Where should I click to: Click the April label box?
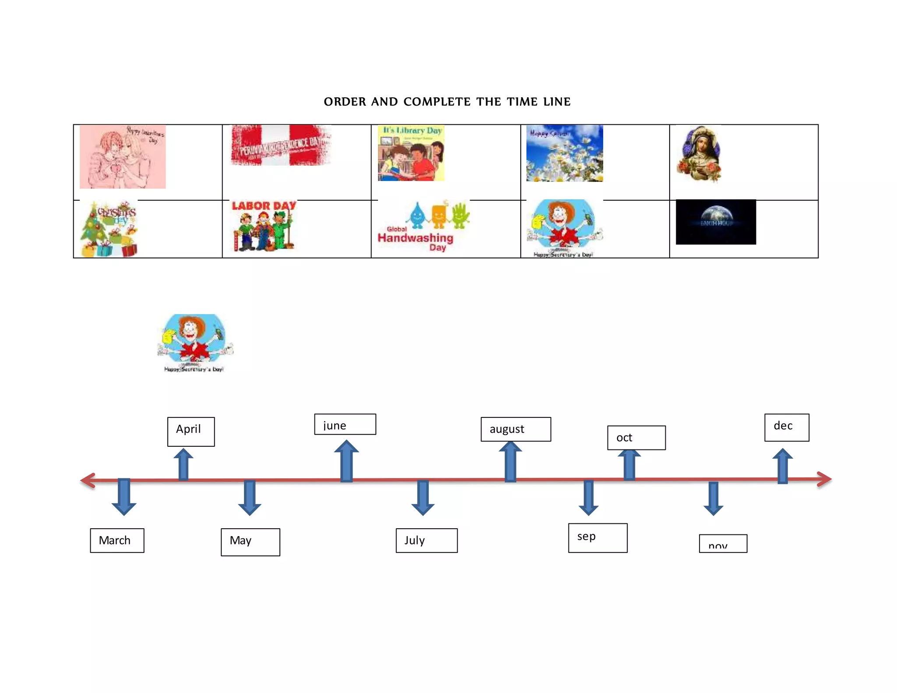pyautogui.click(x=191, y=431)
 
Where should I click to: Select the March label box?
pyautogui.click(x=117, y=540)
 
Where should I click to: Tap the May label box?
pyautogui.click(x=250, y=542)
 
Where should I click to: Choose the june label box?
pyautogui.click(x=345, y=424)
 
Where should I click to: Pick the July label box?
pyautogui.click(x=427, y=540)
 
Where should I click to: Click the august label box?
pyautogui.click(x=516, y=429)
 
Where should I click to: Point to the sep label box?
pyautogui.click(x=597, y=537)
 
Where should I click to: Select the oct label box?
pyautogui.click(x=636, y=437)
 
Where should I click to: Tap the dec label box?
pyautogui.click(x=787, y=427)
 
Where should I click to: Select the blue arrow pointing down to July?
pyautogui.click(x=423, y=497)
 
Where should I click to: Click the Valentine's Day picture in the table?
pyautogui.click(x=123, y=157)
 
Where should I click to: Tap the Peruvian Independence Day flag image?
pyautogui.click(x=281, y=145)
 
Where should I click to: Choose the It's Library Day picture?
pyautogui.click(x=411, y=153)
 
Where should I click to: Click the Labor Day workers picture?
pyautogui.click(x=264, y=226)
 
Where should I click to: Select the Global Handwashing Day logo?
pyautogui.click(x=423, y=226)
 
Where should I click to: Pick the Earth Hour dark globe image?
pyautogui.click(x=716, y=222)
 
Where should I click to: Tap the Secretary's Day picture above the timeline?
pyautogui.click(x=195, y=343)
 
